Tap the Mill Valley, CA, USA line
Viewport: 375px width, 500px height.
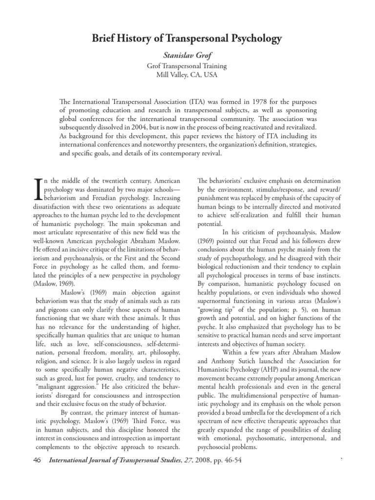187,75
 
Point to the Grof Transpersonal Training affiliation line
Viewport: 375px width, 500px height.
187,66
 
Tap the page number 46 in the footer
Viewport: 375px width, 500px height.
37,460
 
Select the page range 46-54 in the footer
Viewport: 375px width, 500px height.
230,460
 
